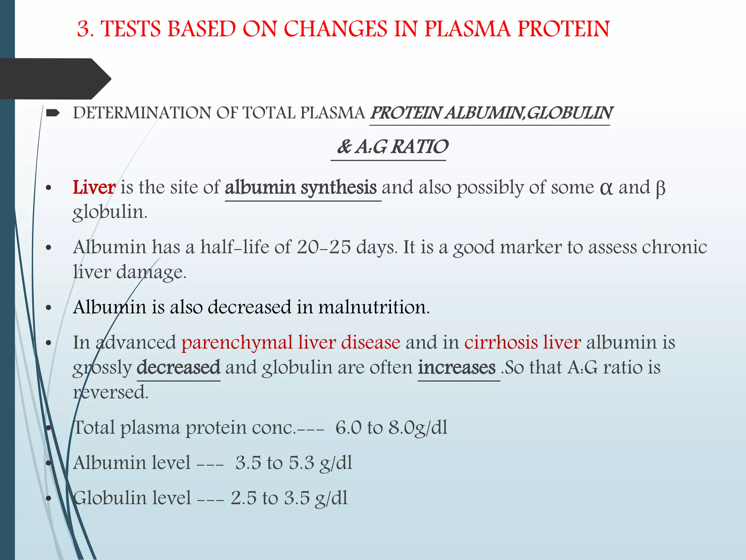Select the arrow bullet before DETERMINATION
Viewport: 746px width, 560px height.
point(54,113)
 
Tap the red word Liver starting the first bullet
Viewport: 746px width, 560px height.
point(94,188)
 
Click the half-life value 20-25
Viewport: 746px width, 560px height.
point(324,248)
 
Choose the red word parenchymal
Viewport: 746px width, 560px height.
point(237,343)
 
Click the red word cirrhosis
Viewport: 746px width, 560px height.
point(501,343)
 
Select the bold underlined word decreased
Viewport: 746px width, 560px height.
point(178,367)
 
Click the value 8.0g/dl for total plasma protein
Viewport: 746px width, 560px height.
point(418,428)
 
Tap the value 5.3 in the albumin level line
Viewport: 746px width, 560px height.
point(301,463)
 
